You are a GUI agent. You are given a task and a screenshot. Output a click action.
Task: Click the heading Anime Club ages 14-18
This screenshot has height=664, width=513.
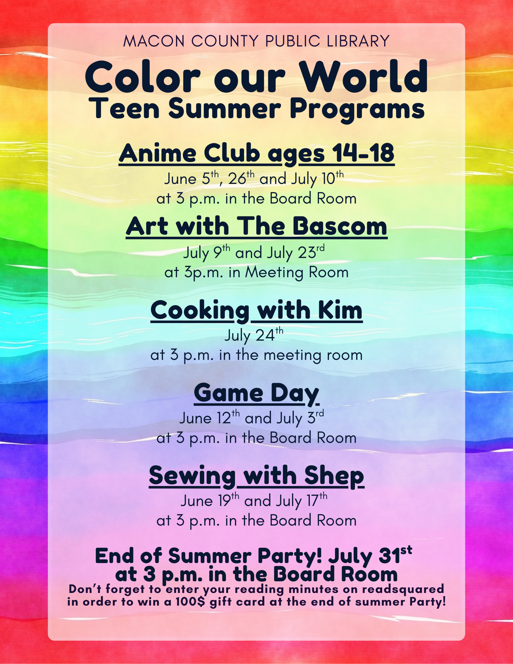tap(257, 153)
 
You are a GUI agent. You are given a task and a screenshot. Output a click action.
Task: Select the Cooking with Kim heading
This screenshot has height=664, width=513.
tap(256, 310)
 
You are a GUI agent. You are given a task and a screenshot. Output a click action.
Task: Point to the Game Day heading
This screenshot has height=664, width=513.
tap(256, 394)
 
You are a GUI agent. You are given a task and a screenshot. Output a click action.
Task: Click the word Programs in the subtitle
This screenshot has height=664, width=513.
tap(357, 110)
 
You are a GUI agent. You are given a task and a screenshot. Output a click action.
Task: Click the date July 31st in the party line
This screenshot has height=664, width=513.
tap(370, 556)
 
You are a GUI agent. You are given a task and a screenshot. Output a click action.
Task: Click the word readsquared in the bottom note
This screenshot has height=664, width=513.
tap(403, 590)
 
